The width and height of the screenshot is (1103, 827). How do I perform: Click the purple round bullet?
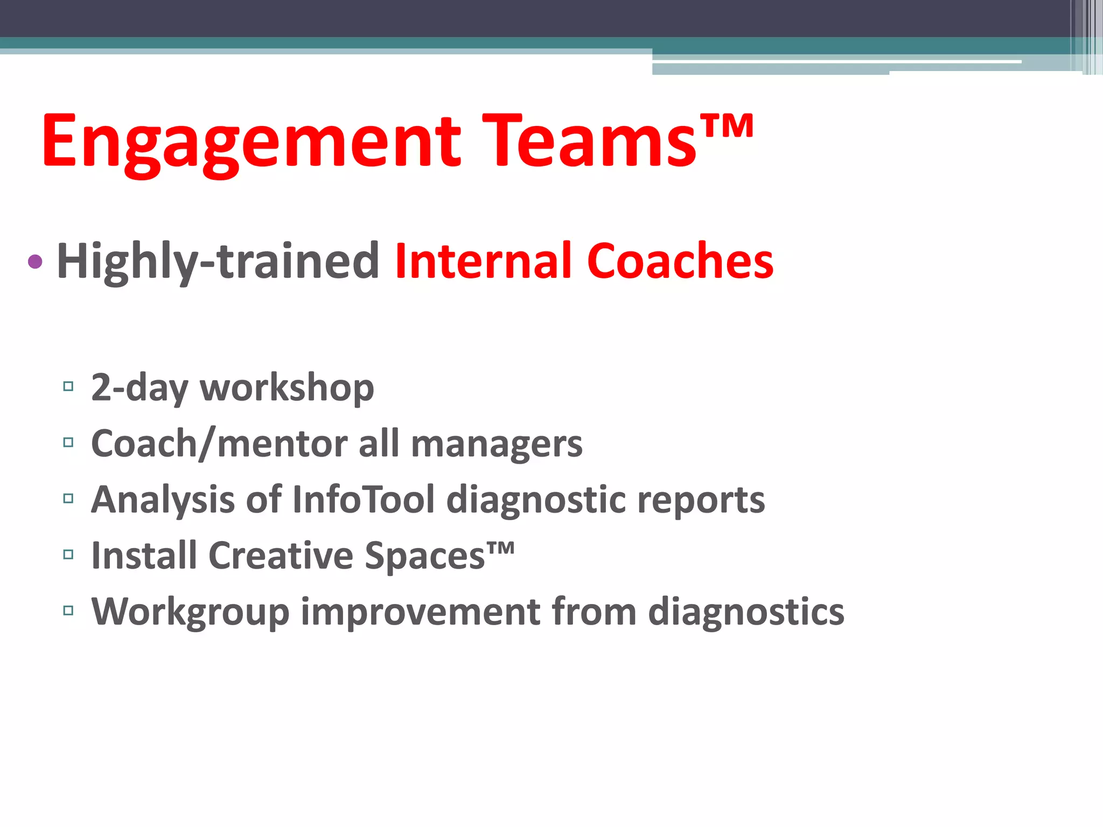(x=35, y=262)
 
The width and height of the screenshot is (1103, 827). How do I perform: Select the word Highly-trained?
(x=218, y=262)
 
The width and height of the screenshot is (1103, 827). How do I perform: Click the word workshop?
(x=287, y=388)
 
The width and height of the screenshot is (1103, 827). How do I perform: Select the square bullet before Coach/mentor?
(x=68, y=443)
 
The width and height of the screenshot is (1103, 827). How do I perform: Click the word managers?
(x=497, y=445)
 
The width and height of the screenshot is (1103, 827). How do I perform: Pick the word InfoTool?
(x=364, y=500)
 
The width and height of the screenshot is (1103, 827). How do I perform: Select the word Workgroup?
(x=190, y=613)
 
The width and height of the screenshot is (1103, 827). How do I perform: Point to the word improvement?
(x=420, y=612)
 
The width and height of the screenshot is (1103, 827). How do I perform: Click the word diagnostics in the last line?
(x=746, y=613)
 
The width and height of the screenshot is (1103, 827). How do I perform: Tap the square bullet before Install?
(x=68, y=555)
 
